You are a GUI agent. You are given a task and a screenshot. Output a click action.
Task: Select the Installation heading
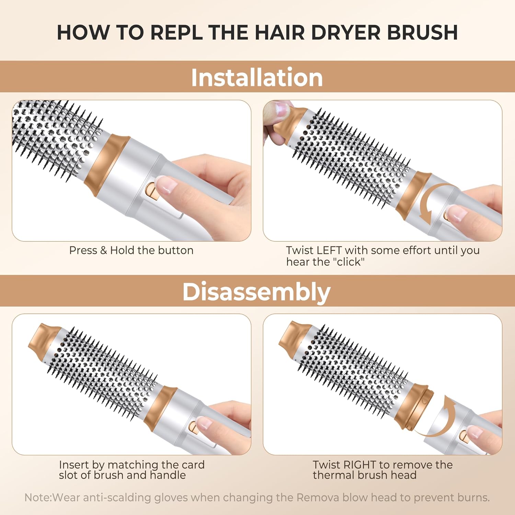[x=257, y=77]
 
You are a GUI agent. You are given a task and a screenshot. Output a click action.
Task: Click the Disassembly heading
[x=256, y=292]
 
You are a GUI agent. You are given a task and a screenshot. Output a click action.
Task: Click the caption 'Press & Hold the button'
[x=131, y=250]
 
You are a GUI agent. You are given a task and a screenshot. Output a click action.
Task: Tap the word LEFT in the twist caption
[x=329, y=250]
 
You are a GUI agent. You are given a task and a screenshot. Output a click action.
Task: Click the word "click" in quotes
[x=349, y=262]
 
